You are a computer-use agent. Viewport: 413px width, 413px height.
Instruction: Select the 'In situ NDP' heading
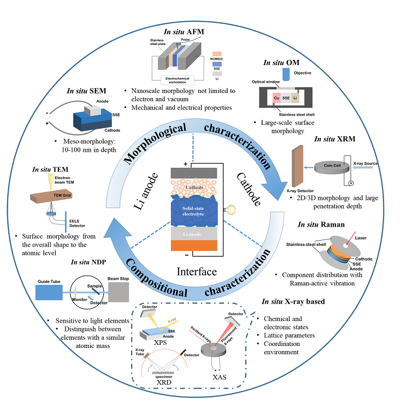coord(89,262)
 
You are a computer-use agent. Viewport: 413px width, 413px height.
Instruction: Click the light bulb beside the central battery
coord(232,210)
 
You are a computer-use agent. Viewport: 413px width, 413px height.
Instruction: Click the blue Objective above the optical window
coord(287,75)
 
